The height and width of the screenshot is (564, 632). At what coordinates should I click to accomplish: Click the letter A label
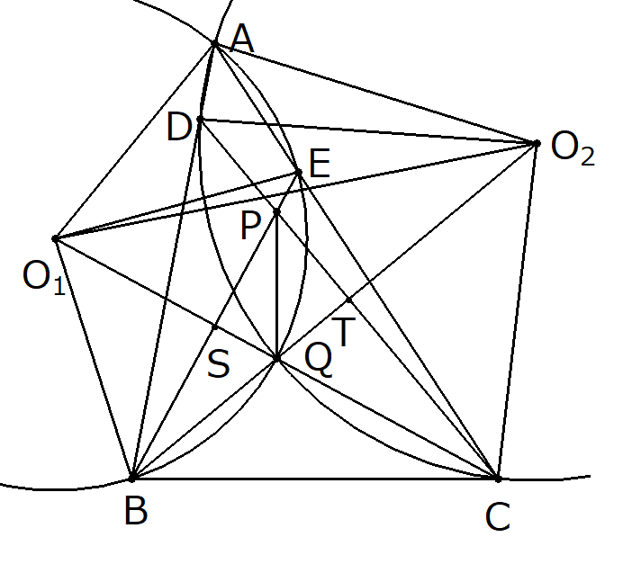tap(241, 38)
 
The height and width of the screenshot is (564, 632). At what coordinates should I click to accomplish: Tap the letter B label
tap(136, 511)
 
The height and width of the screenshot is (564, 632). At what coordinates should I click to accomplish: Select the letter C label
tap(497, 517)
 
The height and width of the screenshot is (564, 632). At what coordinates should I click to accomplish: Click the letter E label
tap(320, 164)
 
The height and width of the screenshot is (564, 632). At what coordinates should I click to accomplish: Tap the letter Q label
tap(319, 360)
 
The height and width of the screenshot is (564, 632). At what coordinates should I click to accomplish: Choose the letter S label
tap(219, 364)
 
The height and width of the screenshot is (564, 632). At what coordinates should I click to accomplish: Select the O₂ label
tap(573, 149)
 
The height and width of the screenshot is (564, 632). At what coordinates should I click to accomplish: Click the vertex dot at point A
tap(214, 43)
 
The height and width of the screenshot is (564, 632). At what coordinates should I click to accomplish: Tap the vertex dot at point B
tap(132, 476)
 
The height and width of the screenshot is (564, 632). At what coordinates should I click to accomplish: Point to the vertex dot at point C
tap(497, 478)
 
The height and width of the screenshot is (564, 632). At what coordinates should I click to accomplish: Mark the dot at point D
tap(200, 119)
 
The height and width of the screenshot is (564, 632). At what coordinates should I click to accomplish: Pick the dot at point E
tap(299, 172)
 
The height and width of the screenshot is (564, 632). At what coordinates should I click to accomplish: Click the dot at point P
tap(276, 211)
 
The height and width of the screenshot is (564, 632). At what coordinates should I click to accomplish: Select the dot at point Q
tap(277, 359)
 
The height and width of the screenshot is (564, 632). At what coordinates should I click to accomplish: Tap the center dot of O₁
tap(56, 239)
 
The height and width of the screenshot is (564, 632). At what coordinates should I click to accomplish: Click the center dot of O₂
tap(537, 143)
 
